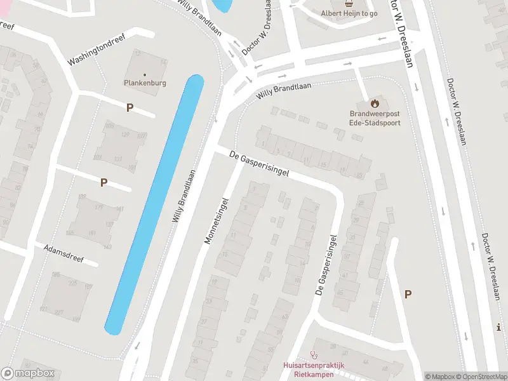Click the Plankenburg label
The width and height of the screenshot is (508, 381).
[x=144, y=83]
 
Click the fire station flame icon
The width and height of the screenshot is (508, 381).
[x=375, y=104]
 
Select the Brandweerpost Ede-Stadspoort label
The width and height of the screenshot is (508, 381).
[x=375, y=118]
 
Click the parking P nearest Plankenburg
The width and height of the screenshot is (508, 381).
[x=130, y=108]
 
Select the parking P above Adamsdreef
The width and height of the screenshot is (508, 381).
[x=104, y=183]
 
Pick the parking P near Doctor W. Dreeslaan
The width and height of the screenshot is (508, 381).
[x=408, y=294]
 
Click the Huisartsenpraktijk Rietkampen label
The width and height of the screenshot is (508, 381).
[x=313, y=370]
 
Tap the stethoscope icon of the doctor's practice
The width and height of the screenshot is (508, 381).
[x=313, y=355]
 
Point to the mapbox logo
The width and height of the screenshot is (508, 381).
[x=28, y=373]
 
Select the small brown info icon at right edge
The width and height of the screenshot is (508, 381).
[x=500, y=328]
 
